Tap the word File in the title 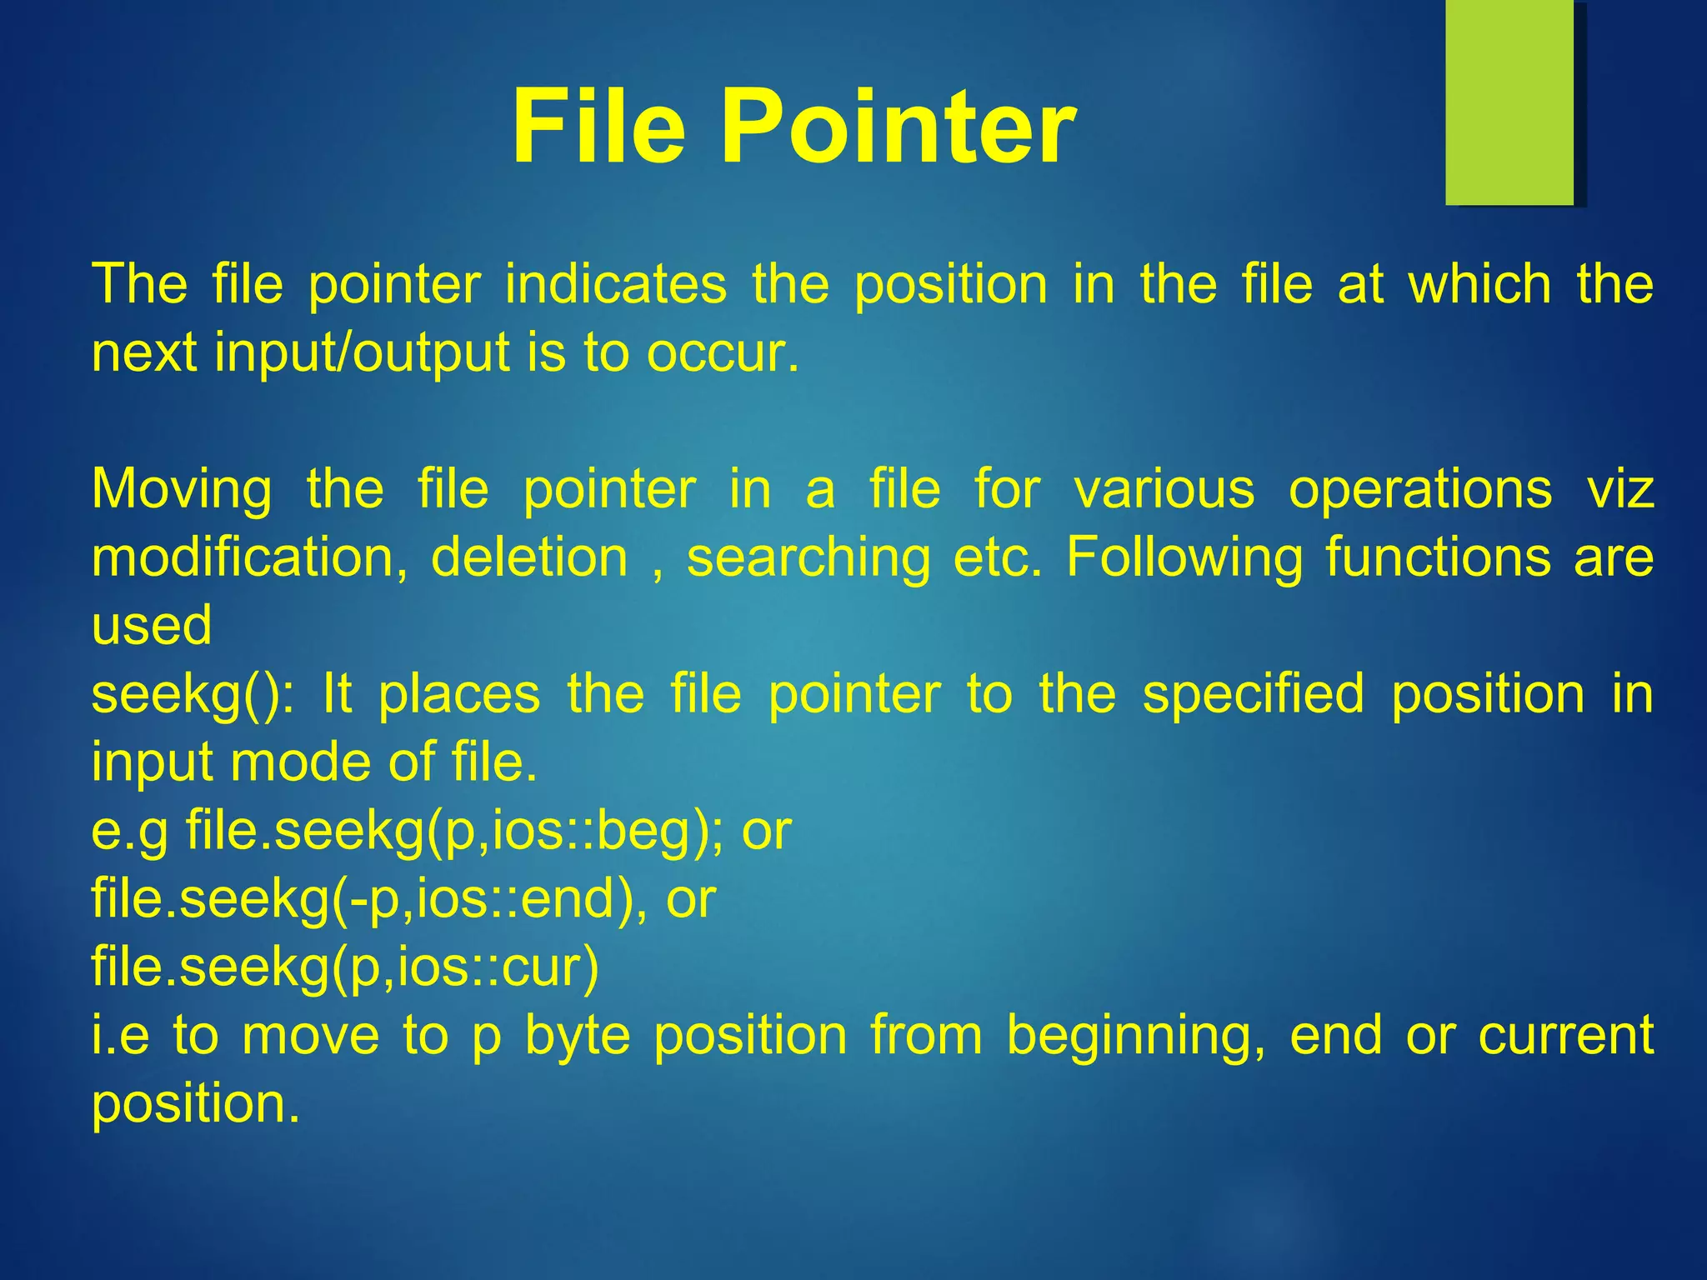point(598,127)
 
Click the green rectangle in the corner point(1509,102)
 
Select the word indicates point(616,285)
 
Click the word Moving point(182,489)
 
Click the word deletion point(529,557)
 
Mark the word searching point(808,559)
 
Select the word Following point(1184,557)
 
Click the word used point(152,626)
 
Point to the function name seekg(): point(193,695)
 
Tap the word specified point(1253,695)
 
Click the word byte point(578,1037)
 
